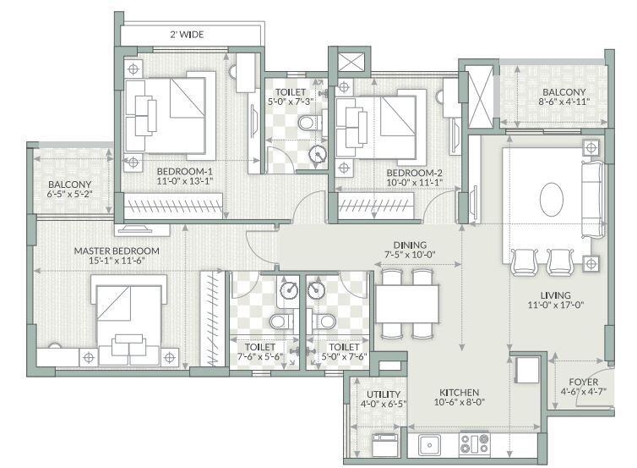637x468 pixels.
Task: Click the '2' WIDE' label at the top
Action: coord(187,35)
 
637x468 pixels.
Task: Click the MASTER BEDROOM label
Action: coord(116,251)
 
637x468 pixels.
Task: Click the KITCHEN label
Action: coord(459,394)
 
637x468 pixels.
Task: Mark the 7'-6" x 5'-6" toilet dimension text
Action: coord(259,358)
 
